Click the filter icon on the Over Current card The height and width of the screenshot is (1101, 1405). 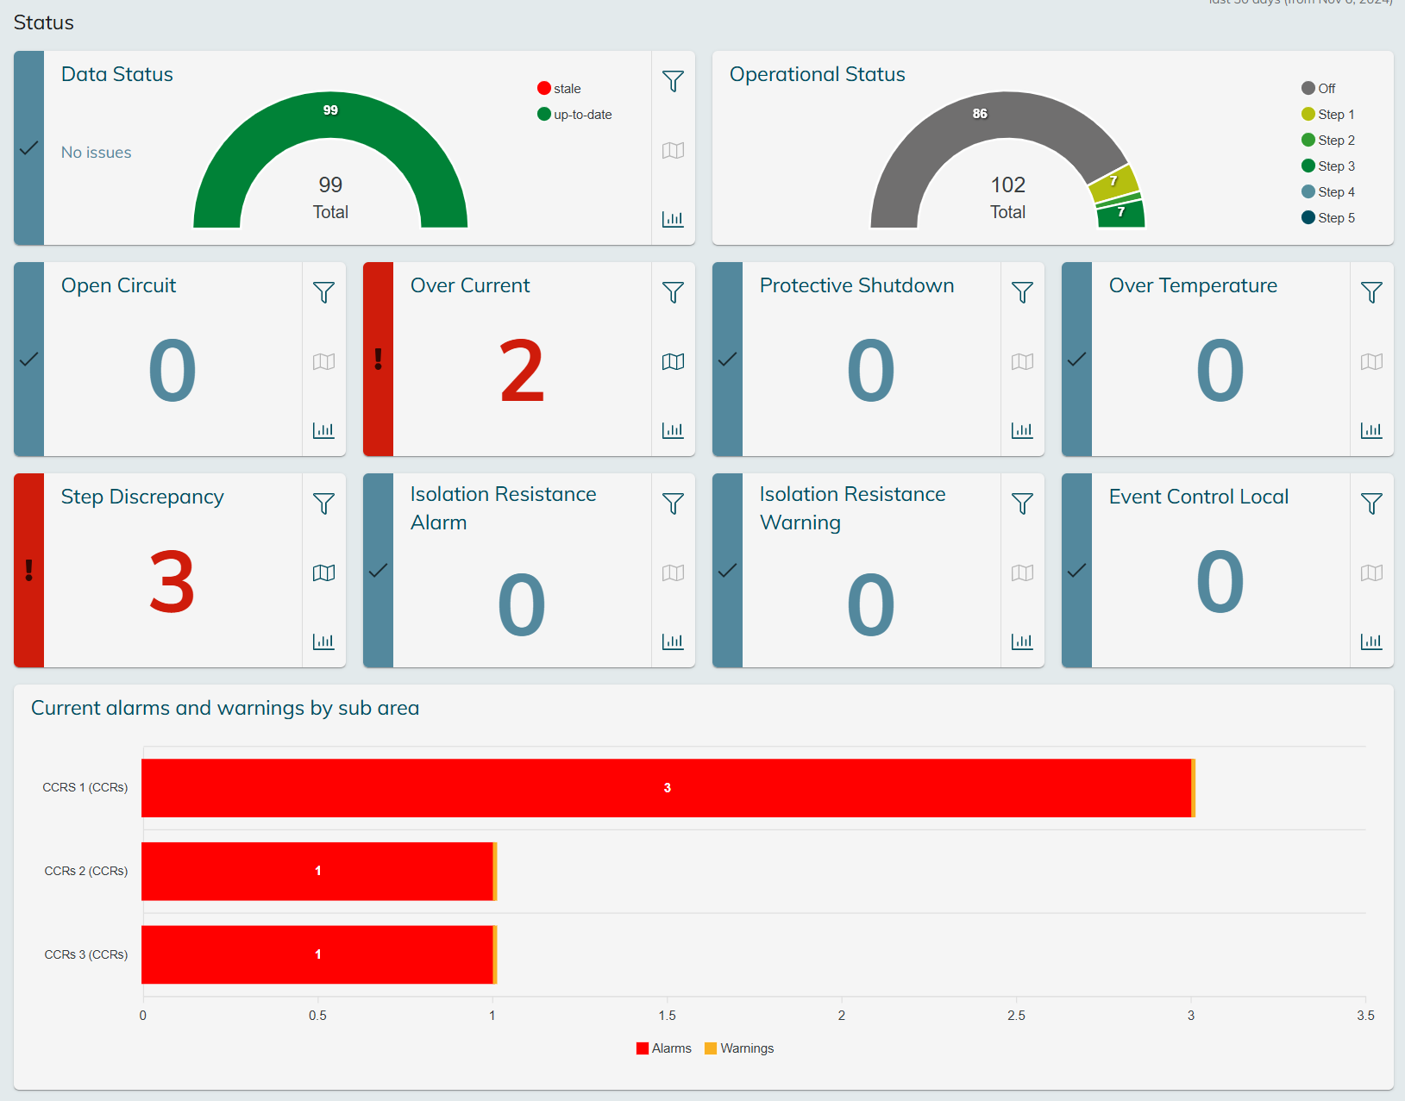tap(673, 292)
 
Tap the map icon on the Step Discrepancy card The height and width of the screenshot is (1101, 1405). tap(323, 572)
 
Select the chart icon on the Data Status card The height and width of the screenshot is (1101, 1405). tap(673, 219)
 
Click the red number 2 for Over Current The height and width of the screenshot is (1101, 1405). tap(522, 372)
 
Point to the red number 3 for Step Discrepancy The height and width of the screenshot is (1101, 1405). tap(172, 583)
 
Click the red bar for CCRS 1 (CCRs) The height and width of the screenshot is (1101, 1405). tap(666, 788)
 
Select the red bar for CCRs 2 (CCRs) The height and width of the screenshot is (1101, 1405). tap(317, 871)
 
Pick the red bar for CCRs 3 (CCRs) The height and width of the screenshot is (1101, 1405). tap(317, 954)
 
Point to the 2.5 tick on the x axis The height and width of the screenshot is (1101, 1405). tap(1016, 1015)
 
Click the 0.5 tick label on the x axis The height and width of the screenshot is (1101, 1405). tap(317, 1015)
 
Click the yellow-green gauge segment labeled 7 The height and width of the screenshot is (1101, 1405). tap(1113, 182)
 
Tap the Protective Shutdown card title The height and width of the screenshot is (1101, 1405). tap(856, 285)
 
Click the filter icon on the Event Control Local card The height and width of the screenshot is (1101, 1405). tap(1371, 504)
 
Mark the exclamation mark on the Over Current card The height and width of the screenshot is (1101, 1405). tap(378, 359)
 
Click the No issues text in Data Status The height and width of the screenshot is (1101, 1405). tap(97, 153)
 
